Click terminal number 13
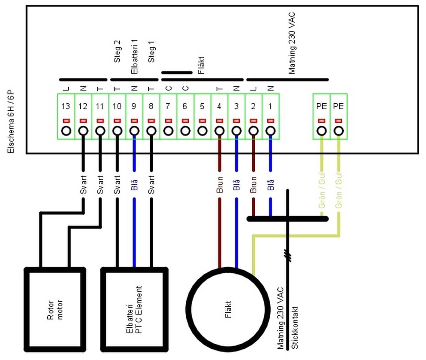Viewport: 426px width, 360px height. pyautogui.click(x=66, y=106)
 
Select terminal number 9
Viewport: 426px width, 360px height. pyautogui.click(x=134, y=106)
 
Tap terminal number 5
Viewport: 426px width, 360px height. pyautogui.click(x=202, y=106)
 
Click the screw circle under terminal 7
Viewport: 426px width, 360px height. pyautogui.click(x=168, y=131)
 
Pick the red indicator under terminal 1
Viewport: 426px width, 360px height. pyautogui.click(x=271, y=121)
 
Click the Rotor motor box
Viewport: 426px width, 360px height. pyautogui.click(x=55, y=309)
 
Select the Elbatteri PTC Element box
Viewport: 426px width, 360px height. pyautogui.click(x=134, y=309)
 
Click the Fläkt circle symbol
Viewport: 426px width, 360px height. pyautogui.click(x=228, y=309)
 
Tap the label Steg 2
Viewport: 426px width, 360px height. pyautogui.click(x=117, y=51)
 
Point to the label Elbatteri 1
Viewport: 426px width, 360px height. pyautogui.click(x=134, y=57)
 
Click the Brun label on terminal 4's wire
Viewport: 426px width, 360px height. pyautogui.click(x=219, y=184)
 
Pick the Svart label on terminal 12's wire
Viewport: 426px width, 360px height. pyautogui.click(x=83, y=184)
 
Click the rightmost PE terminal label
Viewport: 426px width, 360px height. pyautogui.click(x=339, y=106)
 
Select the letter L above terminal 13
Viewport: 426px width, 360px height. pyautogui.click(x=66, y=89)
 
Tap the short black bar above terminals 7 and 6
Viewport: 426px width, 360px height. pyautogui.click(x=177, y=73)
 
